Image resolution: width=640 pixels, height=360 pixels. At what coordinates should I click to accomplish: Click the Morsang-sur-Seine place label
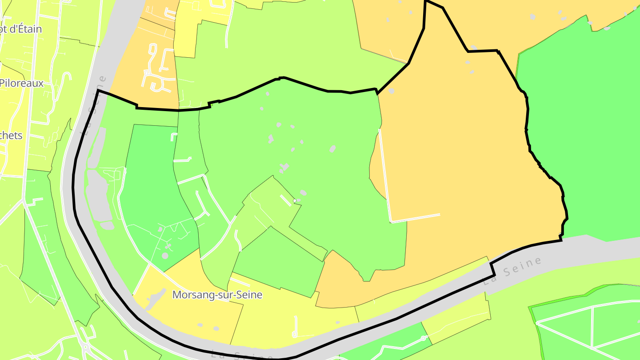tap(217, 295)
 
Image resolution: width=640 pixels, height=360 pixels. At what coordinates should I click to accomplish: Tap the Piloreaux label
tap(21, 83)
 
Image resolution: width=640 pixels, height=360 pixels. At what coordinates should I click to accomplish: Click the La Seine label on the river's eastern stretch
tap(513, 271)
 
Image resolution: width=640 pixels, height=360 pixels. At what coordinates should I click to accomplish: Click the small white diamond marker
tap(295, 201)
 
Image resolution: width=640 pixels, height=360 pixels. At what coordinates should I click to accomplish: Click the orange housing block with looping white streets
tap(156, 67)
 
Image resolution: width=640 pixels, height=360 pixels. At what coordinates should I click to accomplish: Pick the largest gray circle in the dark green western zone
tap(165, 256)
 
